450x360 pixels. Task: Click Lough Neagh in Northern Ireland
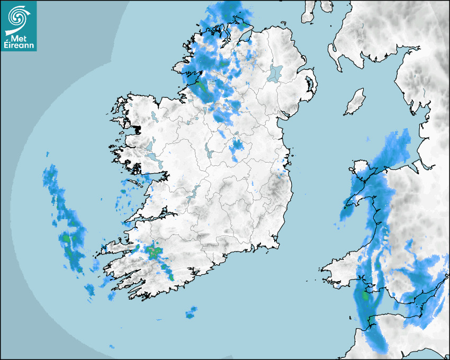pyautogui.click(x=275, y=73)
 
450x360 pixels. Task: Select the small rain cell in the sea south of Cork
pyautogui.click(x=191, y=313)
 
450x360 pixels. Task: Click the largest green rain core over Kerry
pyautogui.click(x=154, y=251)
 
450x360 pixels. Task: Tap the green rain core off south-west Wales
pyautogui.click(x=365, y=296)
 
